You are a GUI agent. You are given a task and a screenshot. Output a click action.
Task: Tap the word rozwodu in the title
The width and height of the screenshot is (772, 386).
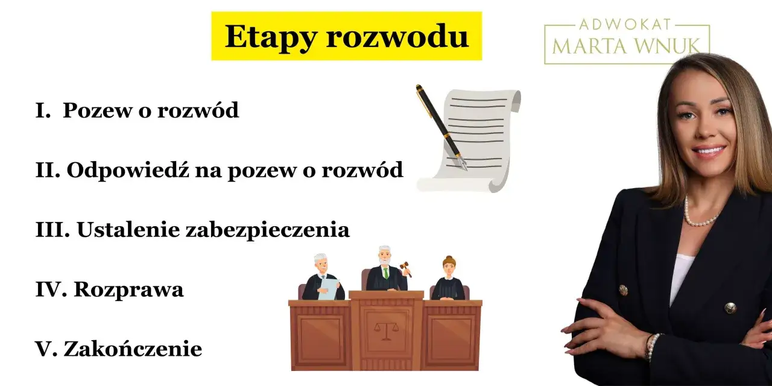(x=397, y=36)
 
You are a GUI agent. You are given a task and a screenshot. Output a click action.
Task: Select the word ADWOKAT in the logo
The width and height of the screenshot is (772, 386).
(x=627, y=25)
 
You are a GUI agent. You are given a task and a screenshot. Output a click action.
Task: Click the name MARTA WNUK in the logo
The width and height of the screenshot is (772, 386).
(x=627, y=45)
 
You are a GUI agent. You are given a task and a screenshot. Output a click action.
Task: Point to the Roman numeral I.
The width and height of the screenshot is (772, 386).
(x=41, y=110)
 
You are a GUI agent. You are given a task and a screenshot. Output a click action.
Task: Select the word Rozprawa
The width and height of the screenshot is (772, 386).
(x=128, y=290)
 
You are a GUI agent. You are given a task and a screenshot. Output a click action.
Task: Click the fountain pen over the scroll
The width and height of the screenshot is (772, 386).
(x=441, y=127)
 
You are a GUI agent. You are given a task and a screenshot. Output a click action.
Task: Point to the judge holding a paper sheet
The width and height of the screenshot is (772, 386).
(x=322, y=278)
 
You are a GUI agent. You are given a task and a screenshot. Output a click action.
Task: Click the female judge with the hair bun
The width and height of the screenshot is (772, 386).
(x=448, y=280)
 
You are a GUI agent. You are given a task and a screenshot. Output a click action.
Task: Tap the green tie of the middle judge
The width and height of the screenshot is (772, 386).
(x=385, y=272)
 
